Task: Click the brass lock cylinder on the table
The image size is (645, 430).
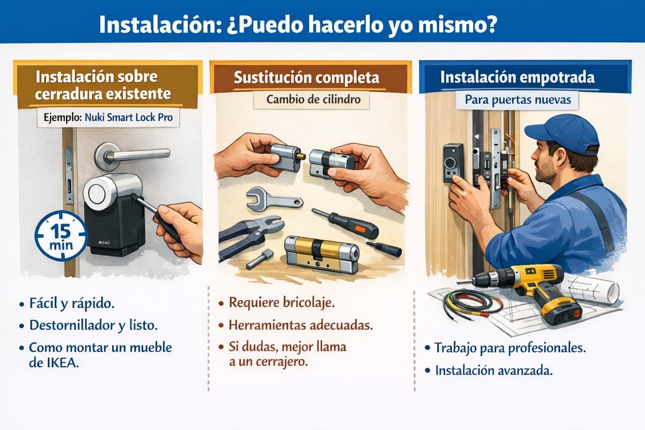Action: (x=321, y=253)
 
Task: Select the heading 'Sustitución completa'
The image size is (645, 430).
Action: (x=306, y=77)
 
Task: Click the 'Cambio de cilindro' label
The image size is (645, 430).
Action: (x=306, y=100)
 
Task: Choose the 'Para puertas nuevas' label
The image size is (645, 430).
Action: (x=517, y=100)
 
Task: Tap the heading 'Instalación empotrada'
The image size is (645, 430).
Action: (x=517, y=77)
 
